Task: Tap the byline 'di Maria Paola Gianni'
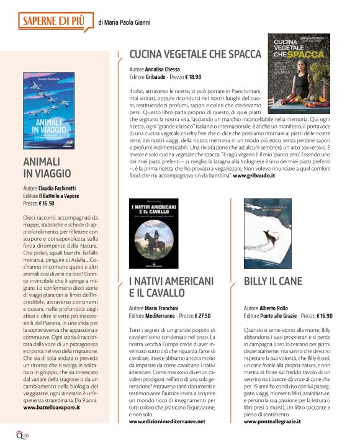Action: point(125,23)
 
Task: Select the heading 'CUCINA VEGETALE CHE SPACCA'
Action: point(195,54)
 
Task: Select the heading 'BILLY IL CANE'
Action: point(273,281)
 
